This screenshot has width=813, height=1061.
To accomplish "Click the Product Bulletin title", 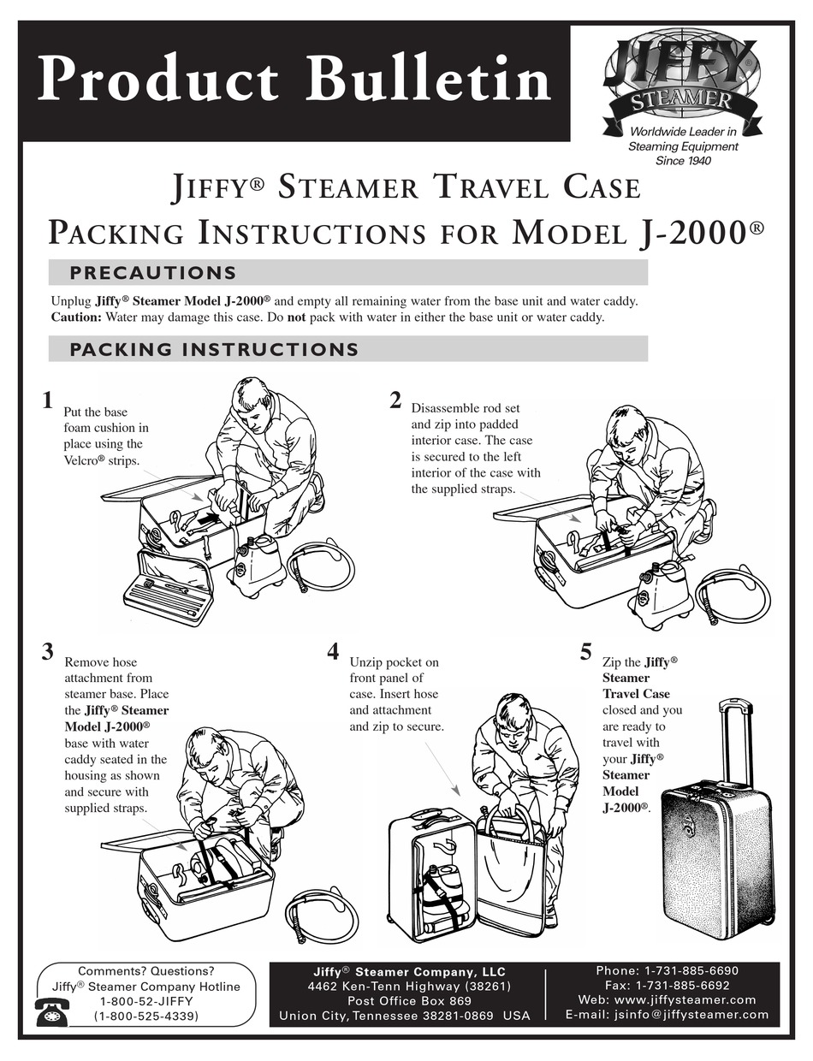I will point(294,80).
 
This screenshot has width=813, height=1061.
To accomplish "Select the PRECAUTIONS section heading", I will point(152,273).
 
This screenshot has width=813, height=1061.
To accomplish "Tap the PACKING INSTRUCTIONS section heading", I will point(214,349).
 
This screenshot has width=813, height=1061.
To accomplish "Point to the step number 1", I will point(48,400).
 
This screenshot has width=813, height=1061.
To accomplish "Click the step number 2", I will point(395,400).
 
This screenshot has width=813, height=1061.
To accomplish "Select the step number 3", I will point(48,651).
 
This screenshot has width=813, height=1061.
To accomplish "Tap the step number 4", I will point(333,651).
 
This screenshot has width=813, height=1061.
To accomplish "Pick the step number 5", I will point(585,651).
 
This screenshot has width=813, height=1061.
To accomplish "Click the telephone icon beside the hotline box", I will point(52,1012).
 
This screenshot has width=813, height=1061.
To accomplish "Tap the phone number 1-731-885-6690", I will point(690,970).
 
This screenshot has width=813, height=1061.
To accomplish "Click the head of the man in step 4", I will point(513,711).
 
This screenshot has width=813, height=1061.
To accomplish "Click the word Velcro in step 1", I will point(82,460).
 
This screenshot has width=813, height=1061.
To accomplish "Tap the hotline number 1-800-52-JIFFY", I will point(146,1001).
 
